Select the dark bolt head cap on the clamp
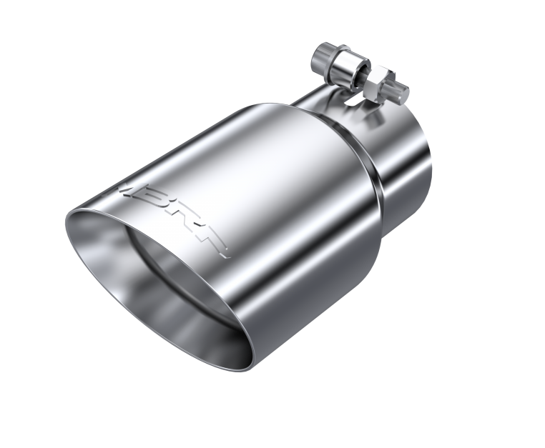coord(322,56)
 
